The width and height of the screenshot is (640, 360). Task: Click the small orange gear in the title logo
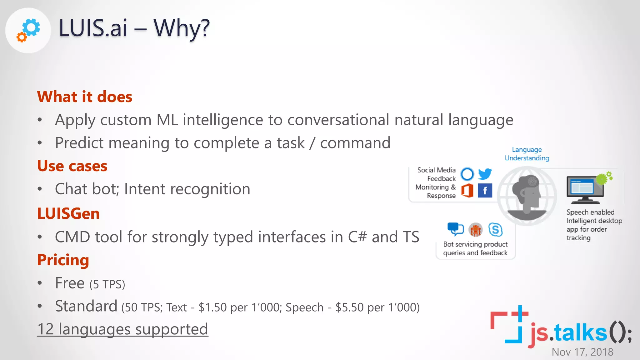[21, 37]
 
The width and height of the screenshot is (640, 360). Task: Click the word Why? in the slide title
[182, 28]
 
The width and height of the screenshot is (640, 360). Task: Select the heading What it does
[84, 97]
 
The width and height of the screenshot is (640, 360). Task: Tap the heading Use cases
[72, 166]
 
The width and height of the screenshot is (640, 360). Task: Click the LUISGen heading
[68, 213]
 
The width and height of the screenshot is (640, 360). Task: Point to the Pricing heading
[63, 260]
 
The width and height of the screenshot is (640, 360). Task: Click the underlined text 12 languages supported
[122, 329]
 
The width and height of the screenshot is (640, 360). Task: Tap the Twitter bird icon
[485, 174]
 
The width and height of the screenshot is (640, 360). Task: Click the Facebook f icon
[485, 191]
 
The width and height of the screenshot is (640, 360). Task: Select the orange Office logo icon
[467, 190]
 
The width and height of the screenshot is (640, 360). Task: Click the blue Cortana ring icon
[467, 174]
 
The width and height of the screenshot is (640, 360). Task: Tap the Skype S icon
[495, 230]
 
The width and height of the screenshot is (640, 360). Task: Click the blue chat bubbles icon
[455, 229]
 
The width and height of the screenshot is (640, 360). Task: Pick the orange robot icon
[476, 230]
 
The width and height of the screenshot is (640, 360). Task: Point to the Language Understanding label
[527, 154]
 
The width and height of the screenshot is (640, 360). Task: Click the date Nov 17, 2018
[582, 352]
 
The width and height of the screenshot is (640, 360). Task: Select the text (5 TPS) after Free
[107, 284]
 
